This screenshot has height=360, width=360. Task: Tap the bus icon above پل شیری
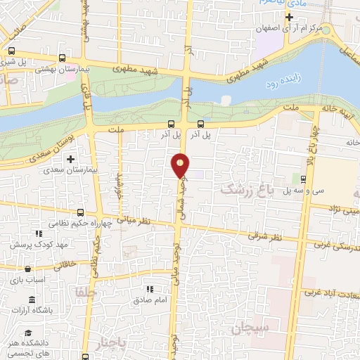pyautogui.click(x=11, y=51)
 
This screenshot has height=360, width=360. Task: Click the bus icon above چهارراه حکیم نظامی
pyautogui.click(x=81, y=212)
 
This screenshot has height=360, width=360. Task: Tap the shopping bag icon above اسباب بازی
pyautogui.click(x=27, y=268)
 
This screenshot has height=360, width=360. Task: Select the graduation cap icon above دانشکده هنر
pyautogui.click(x=28, y=333)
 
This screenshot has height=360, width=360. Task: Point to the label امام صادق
pyautogui.click(x=149, y=300)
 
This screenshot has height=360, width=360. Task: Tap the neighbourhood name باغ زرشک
pyautogui.click(x=245, y=189)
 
